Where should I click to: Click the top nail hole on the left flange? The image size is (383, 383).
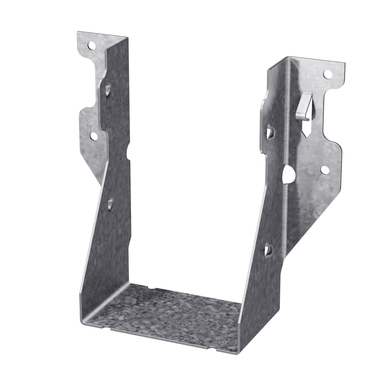click(91, 45)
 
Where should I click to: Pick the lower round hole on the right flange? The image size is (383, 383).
click(324, 170)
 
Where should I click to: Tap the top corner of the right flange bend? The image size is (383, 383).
click(289, 57)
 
